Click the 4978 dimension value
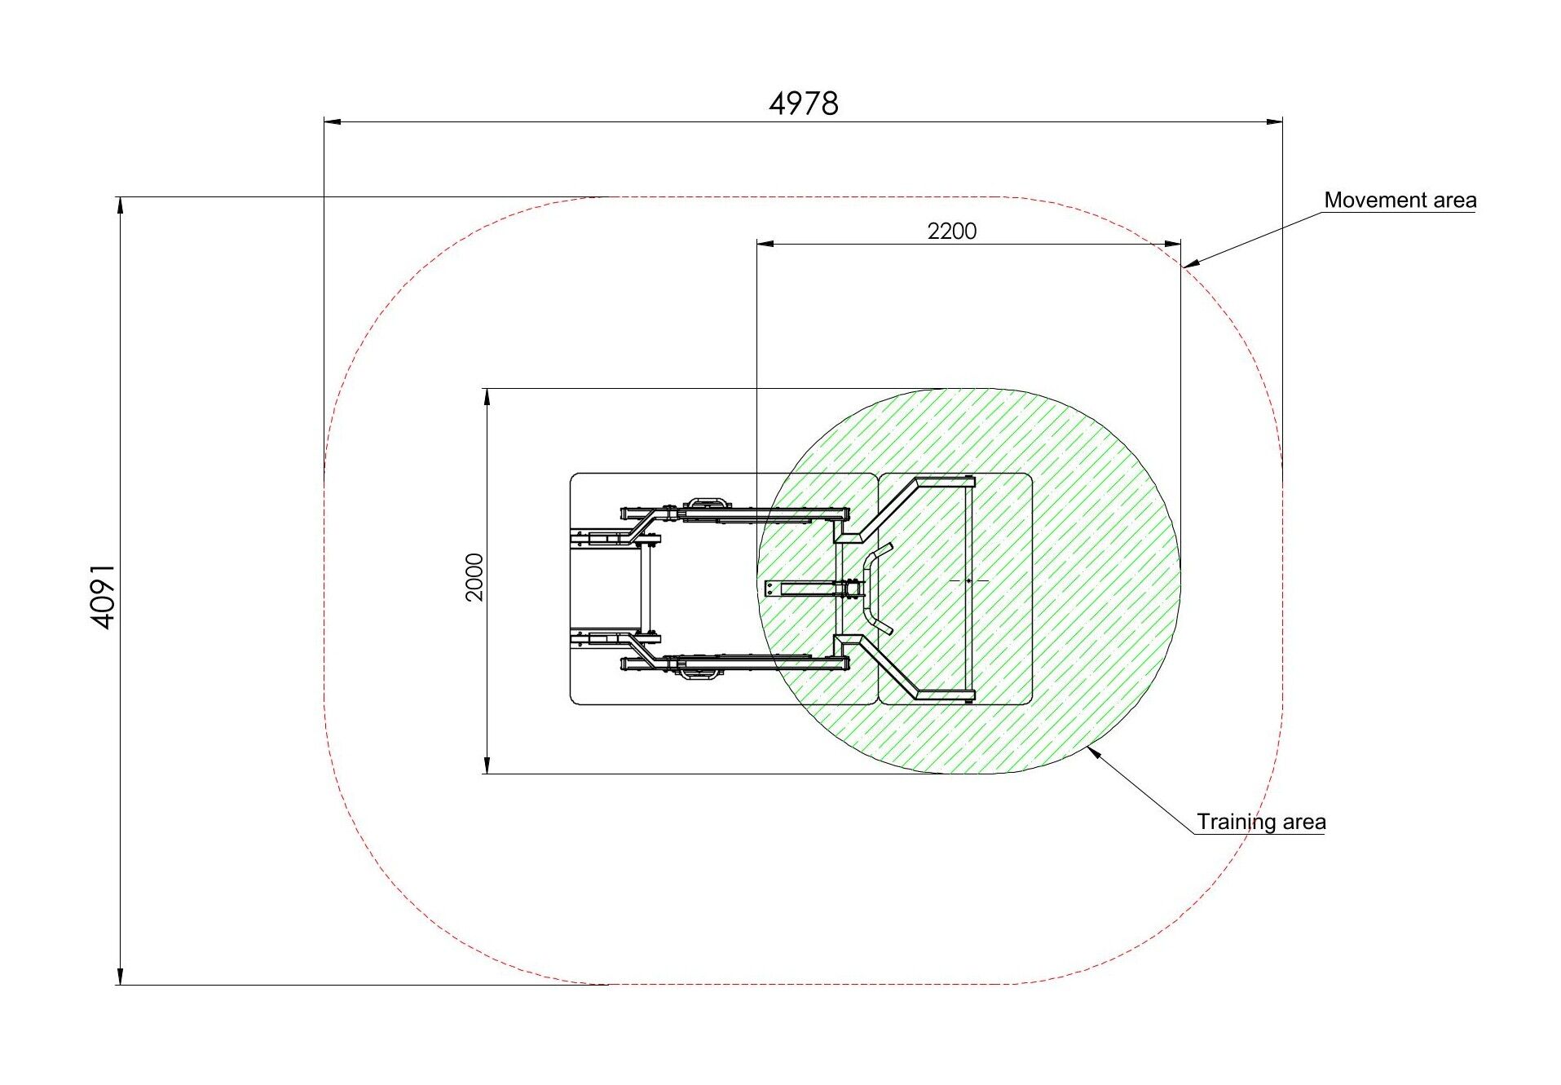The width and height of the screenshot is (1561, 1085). tap(804, 104)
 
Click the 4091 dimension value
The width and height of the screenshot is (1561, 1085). tap(103, 596)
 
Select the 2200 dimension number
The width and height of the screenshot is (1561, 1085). tap(951, 232)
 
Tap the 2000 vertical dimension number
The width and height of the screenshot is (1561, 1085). tap(474, 577)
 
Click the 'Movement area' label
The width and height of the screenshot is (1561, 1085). tap(1400, 200)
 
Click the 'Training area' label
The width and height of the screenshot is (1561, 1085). tap(1261, 822)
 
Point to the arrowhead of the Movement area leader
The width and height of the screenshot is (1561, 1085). tap(1189, 264)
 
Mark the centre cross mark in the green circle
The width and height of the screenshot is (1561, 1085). tap(968, 580)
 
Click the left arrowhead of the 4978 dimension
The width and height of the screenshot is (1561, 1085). tap(332, 122)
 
